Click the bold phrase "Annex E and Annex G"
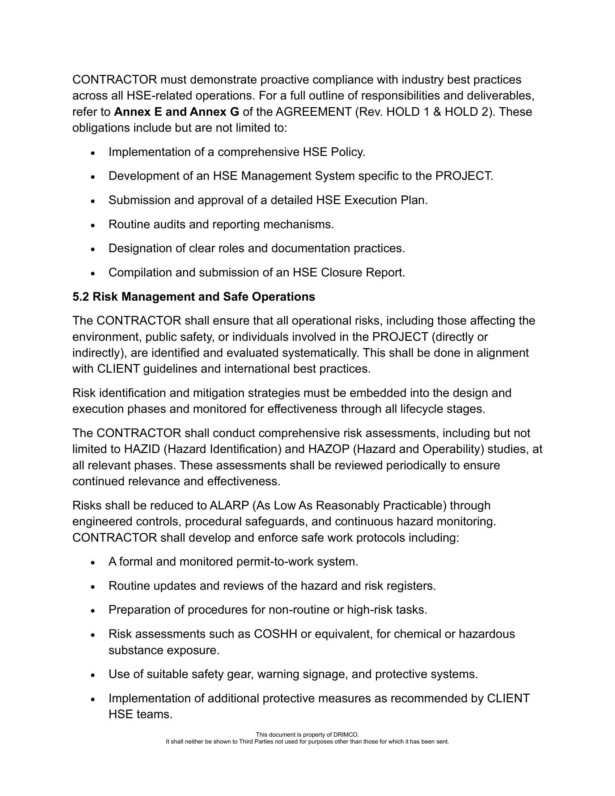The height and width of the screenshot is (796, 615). [176, 112]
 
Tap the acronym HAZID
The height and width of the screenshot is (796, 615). [142, 449]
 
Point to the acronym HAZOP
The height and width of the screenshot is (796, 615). [328, 449]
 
